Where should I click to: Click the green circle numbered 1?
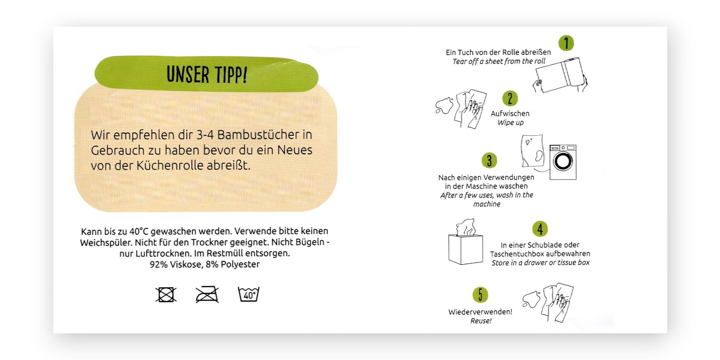coord(566,43)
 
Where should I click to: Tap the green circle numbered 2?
coord(510,99)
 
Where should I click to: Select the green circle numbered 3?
coord(489,160)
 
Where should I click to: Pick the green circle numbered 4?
coord(540,229)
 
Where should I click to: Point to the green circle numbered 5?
coord(480,295)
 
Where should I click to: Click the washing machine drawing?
coord(563,162)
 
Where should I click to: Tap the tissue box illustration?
coord(465,242)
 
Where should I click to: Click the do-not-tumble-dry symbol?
coord(166,294)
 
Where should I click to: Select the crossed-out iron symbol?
coord(207,294)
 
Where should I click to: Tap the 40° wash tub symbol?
coord(249,294)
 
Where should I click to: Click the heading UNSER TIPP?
coord(207,75)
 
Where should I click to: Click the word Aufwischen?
coord(510,113)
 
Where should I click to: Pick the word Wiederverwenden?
coord(480,312)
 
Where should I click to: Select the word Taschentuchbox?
coord(517,254)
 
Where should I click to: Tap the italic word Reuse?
coord(481,321)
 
